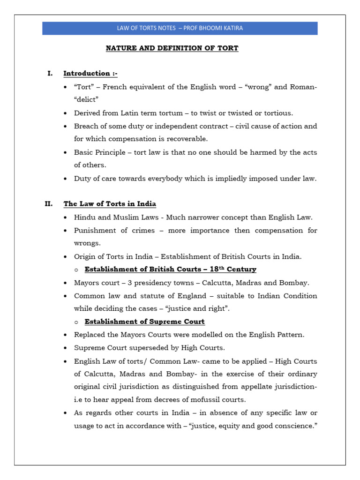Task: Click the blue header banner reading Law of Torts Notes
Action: pyautogui.click(x=180, y=28)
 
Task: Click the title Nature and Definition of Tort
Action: pyautogui.click(x=172, y=48)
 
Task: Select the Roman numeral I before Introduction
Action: pyautogui.click(x=50, y=74)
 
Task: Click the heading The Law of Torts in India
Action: pyautogui.click(x=110, y=204)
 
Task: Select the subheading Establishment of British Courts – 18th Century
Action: pyautogui.click(x=170, y=270)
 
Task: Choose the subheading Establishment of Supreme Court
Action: pyautogui.click(x=144, y=322)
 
